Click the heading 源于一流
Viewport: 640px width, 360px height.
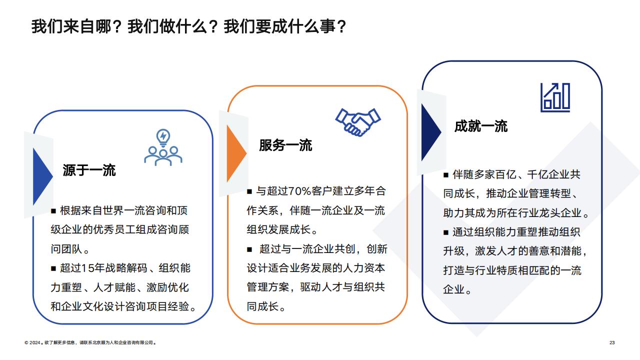tap(89, 170)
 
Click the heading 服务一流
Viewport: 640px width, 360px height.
tap(285, 145)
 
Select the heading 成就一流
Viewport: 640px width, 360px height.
tap(481, 126)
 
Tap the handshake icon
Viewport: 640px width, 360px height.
tap(357, 122)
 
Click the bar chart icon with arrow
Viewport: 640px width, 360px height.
tap(555, 97)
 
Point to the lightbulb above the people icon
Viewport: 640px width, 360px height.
tap(163, 137)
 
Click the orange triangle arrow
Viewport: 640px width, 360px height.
tap(236, 153)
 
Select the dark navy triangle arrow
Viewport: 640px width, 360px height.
tap(431, 132)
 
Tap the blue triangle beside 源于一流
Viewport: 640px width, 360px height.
tap(43, 176)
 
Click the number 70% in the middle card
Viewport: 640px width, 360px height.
tap(299, 191)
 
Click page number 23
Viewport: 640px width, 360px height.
tap(612, 342)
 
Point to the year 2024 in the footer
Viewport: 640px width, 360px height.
tap(35, 342)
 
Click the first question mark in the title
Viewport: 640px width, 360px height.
tap(116, 26)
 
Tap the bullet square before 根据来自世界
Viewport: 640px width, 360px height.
tap(53, 211)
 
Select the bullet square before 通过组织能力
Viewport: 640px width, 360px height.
tap(446, 232)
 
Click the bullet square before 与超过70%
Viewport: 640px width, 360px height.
tap(249, 191)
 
